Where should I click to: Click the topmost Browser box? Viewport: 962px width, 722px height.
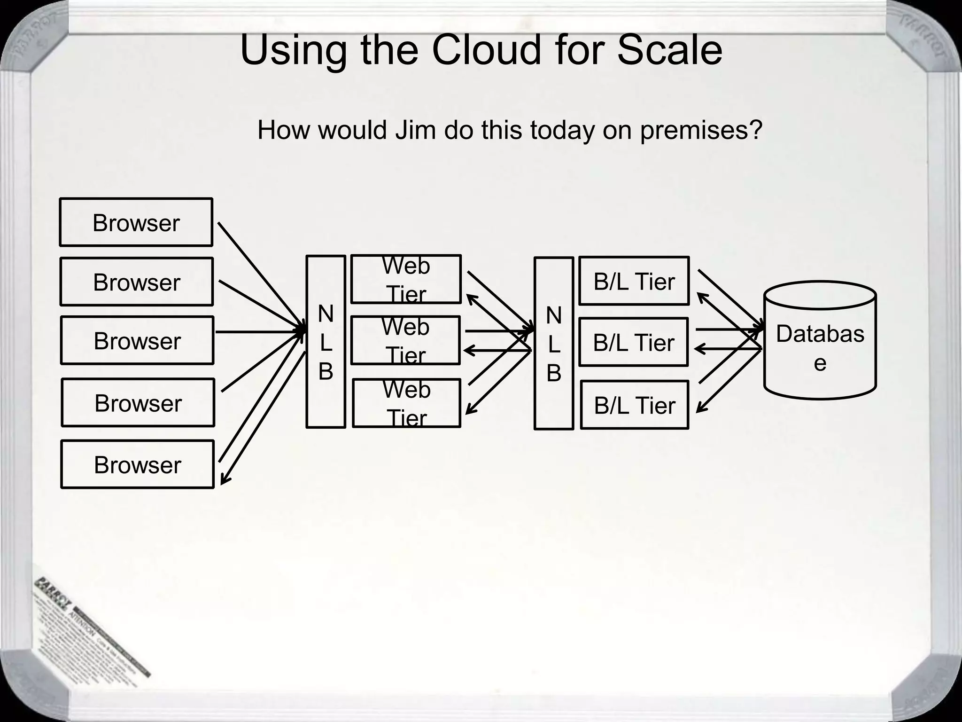click(136, 222)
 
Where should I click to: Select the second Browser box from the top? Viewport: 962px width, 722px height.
click(136, 282)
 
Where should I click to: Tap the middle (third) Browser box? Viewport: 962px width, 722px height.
click(137, 340)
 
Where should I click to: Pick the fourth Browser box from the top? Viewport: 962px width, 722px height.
click(138, 403)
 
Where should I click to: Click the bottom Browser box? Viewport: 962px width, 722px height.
click(137, 464)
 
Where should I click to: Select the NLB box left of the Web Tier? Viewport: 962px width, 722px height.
click(326, 342)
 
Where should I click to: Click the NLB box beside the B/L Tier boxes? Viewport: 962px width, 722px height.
click(553, 343)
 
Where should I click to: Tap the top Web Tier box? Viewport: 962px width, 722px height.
click(406, 279)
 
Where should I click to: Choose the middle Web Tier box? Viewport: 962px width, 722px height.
click(405, 340)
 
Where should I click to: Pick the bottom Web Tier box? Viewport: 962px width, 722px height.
click(406, 403)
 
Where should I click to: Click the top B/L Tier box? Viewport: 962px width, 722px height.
click(634, 281)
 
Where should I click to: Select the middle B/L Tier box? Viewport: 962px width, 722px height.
click(633, 342)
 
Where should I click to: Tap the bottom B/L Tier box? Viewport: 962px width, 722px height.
click(634, 405)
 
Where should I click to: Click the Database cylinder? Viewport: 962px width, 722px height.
click(820, 341)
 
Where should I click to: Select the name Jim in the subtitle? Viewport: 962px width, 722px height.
click(415, 130)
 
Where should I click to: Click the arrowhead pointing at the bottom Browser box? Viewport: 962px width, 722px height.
click(224, 481)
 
